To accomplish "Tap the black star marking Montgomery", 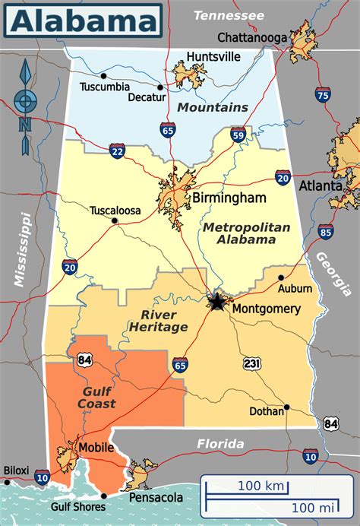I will pyautogui.click(x=217, y=303).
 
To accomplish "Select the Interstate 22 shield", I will pyautogui.click(x=117, y=151).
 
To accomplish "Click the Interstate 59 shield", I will pyautogui.click(x=238, y=136).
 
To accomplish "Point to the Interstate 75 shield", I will pyautogui.click(x=323, y=94).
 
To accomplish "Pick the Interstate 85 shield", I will pyautogui.click(x=325, y=231).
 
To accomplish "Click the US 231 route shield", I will pyautogui.click(x=252, y=363).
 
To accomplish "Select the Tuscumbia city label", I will pyautogui.click(x=104, y=86).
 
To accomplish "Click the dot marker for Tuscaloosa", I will pyautogui.click(x=114, y=221).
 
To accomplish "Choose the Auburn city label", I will pyautogui.click(x=295, y=288).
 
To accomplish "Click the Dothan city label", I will pyautogui.click(x=267, y=411).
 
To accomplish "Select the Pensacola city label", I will pyautogui.click(x=157, y=497).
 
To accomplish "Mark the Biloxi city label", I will pyautogui.click(x=16, y=471).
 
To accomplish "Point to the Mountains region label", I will pyautogui.click(x=213, y=107).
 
